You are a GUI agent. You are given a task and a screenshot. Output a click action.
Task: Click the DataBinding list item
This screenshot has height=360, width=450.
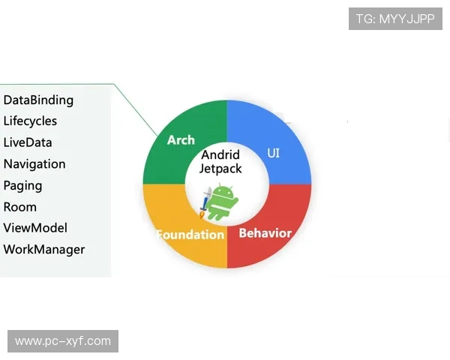[38, 100]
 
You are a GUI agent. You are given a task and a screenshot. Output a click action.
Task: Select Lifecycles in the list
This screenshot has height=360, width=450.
[30, 121]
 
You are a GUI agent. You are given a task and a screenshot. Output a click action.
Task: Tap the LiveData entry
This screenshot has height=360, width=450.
[28, 142]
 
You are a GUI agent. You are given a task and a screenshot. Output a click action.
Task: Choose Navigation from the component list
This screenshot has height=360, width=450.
[34, 163]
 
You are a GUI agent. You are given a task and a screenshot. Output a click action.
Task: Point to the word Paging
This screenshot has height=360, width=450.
[22, 185]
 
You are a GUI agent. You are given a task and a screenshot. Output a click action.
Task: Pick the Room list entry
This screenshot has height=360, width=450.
[20, 207]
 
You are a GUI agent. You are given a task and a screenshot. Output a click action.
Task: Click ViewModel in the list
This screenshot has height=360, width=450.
[35, 228]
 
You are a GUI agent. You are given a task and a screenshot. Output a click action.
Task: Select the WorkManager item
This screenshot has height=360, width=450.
[44, 250]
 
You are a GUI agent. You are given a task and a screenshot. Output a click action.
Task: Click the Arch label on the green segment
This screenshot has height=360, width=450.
[181, 140]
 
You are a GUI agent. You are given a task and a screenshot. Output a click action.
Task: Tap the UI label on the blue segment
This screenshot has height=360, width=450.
[274, 153]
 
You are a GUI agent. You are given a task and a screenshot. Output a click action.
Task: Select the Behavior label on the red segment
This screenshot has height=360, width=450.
[265, 232]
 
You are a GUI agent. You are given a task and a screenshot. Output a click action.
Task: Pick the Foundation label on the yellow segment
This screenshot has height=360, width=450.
[190, 235]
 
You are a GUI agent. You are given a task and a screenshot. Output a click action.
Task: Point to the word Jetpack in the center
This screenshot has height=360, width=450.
[220, 169]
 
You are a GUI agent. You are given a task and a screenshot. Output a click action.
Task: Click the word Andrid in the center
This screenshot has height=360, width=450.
[220, 155]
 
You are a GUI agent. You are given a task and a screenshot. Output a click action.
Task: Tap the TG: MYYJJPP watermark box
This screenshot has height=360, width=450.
[395, 19]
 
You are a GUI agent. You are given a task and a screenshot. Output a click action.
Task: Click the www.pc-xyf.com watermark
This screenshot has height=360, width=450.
[63, 341]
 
